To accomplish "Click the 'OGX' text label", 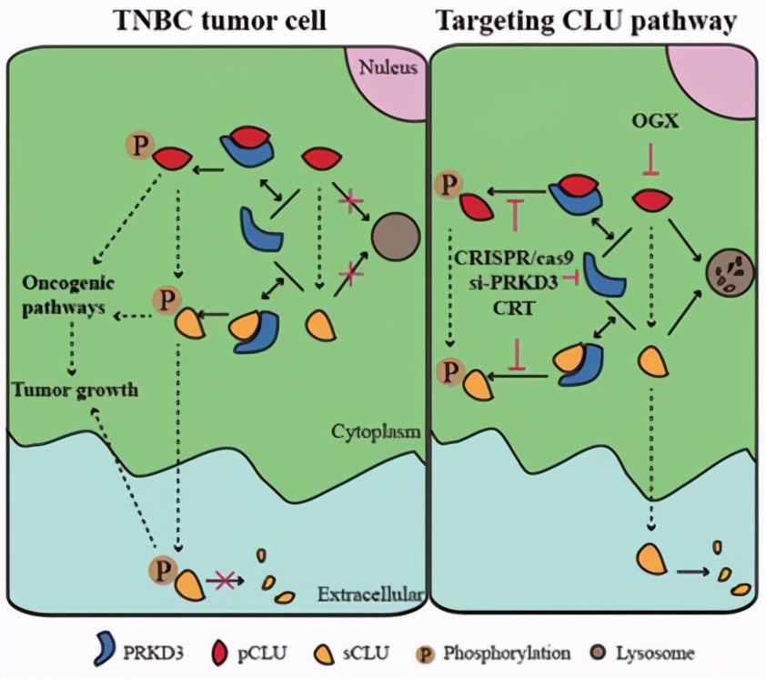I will click(650, 121).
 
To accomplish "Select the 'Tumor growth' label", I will click(75, 390).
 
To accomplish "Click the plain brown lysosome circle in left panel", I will click(395, 238).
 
